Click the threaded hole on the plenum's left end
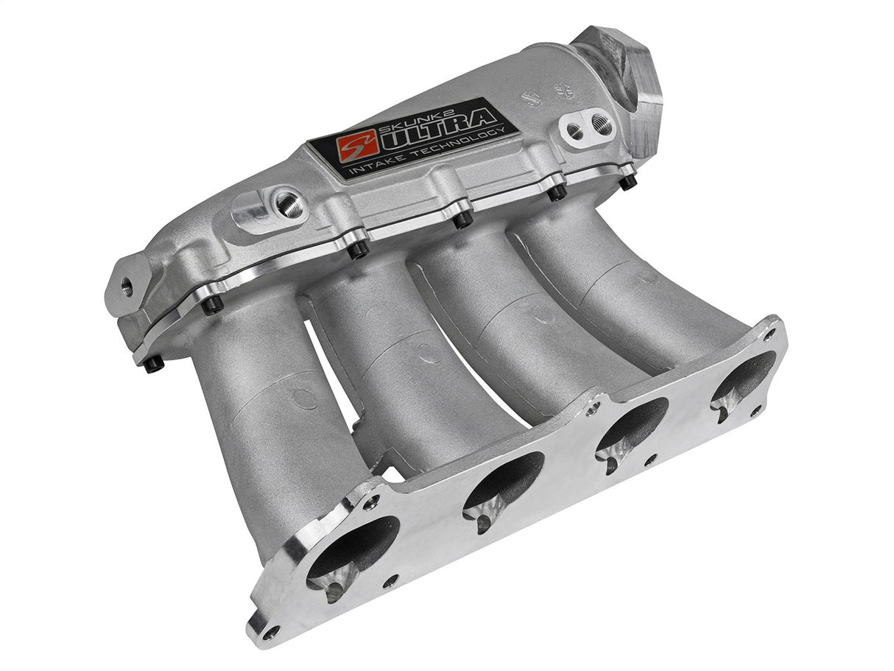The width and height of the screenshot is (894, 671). pyautogui.click(x=127, y=286)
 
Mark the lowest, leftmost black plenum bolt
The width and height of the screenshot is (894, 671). pyautogui.click(x=153, y=365)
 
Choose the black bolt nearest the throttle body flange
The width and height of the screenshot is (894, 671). pyautogui.click(x=627, y=180)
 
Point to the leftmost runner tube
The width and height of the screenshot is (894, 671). pyautogui.click(x=265, y=412)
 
